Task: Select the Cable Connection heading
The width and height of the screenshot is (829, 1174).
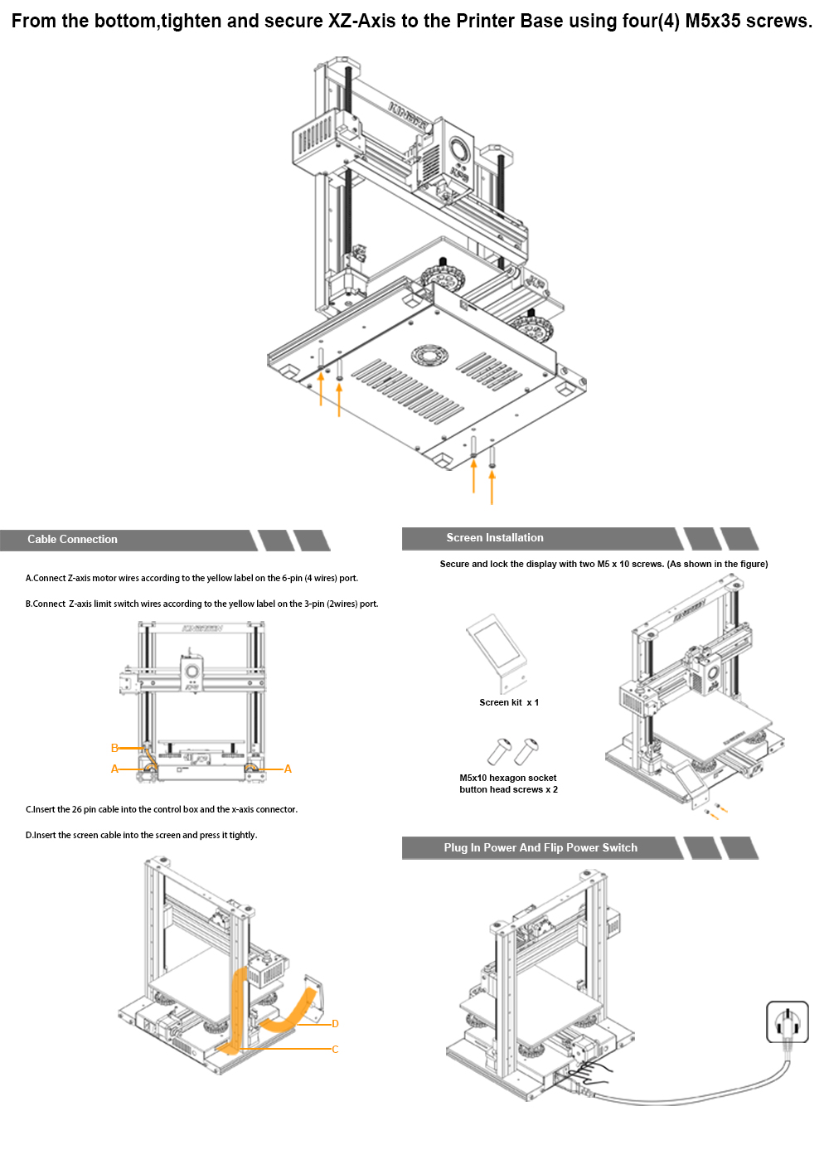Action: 72,540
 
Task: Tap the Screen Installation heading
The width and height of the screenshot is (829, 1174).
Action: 495,538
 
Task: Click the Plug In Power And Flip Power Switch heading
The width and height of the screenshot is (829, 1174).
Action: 541,848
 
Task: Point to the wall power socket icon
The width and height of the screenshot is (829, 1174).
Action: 787,1022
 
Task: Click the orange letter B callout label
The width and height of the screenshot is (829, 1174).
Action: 114,748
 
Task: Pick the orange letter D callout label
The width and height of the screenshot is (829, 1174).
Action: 335,1024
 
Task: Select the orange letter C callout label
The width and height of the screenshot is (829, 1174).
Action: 335,1050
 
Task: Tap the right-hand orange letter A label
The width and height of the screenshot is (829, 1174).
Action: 288,769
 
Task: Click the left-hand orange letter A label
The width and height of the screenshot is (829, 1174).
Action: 114,769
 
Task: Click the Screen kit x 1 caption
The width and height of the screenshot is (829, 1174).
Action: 509,703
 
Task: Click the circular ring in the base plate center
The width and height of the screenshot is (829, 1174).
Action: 429,356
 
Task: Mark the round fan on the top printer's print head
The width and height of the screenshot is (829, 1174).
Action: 458,150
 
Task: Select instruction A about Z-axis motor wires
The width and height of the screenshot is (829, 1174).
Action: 191,579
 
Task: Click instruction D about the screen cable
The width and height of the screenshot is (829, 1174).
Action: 141,836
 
